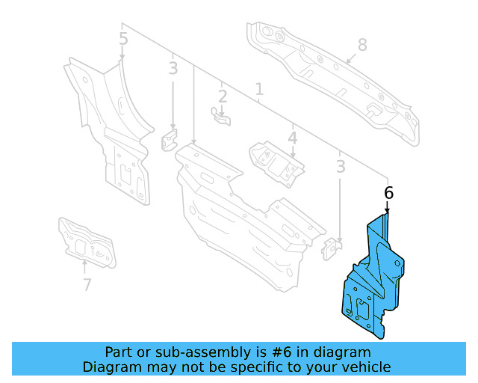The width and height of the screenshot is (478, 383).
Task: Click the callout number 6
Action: pyautogui.click(x=388, y=192)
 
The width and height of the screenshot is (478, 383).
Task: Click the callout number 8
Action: pyautogui.click(x=362, y=45)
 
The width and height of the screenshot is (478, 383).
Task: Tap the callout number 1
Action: pyautogui.click(x=259, y=91)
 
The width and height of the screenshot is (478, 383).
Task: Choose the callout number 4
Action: pyautogui.click(x=293, y=138)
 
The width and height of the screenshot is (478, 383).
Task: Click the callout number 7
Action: pyautogui.click(x=87, y=284)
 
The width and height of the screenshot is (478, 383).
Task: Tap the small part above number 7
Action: pyautogui.click(x=87, y=241)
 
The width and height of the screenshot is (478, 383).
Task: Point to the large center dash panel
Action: pyautogui.click(x=239, y=217)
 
